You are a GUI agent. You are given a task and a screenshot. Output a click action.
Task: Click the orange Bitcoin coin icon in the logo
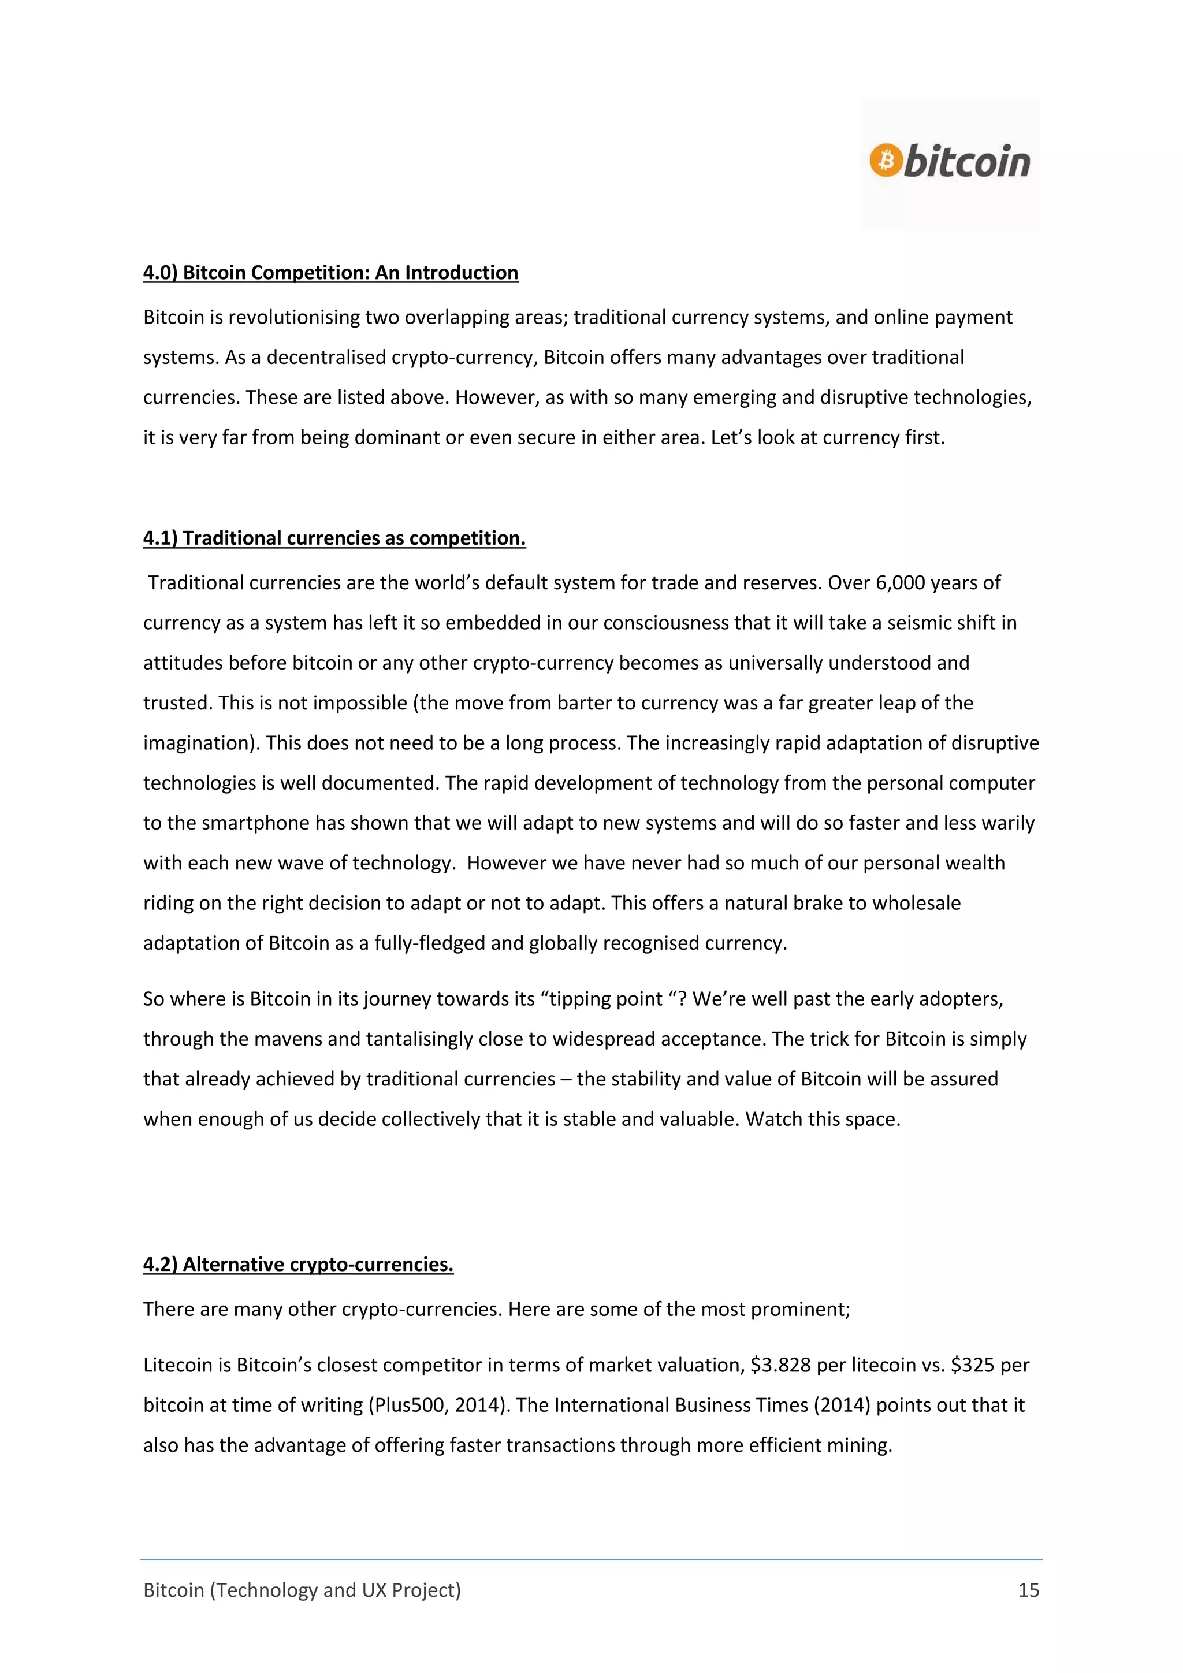pyautogui.click(x=885, y=159)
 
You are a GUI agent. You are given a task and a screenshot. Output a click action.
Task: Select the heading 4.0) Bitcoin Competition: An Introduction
pyautogui.click(x=331, y=273)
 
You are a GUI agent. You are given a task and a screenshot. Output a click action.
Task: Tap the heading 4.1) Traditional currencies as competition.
pyautogui.click(x=334, y=538)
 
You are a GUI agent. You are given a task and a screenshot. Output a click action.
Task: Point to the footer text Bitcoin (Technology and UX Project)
pyautogui.click(x=302, y=1590)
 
